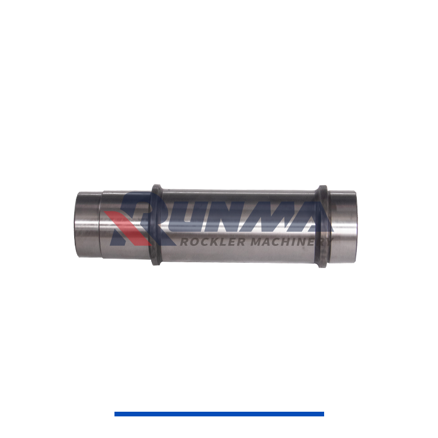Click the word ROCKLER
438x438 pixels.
pos(213,242)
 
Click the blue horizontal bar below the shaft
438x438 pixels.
pos(219,414)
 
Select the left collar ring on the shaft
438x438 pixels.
pos(156,225)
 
